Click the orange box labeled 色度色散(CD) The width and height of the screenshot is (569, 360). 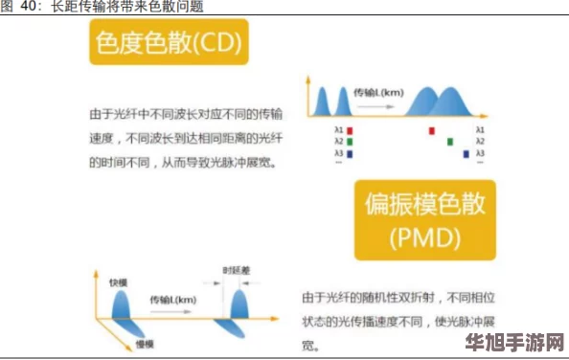click(168, 43)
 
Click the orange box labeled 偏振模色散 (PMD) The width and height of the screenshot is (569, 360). click(424, 219)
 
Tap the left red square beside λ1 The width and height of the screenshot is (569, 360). click(351, 128)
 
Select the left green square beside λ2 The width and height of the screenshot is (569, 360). click(351, 141)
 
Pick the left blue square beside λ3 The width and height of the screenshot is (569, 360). click(351, 152)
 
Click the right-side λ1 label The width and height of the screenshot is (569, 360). click(480, 128)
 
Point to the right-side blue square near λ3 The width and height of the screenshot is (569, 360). click(466, 152)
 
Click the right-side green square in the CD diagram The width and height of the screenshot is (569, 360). click(450, 141)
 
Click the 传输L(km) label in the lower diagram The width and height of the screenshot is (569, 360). click(173, 301)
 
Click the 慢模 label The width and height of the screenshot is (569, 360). click(146, 344)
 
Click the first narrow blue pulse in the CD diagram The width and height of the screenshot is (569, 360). click(321, 101)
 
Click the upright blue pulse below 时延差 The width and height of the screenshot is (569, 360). click(239, 304)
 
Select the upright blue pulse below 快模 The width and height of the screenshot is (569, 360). click(123, 305)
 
